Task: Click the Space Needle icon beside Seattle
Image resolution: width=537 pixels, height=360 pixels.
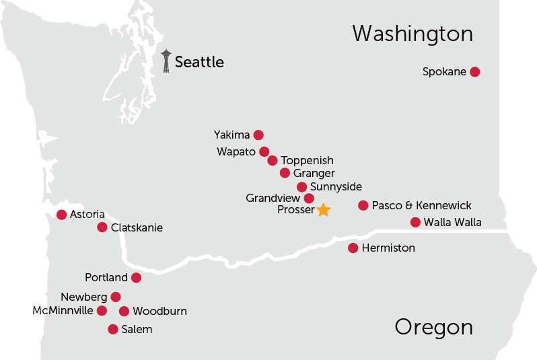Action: (x=166, y=61)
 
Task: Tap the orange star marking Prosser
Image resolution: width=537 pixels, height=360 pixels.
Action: (x=323, y=210)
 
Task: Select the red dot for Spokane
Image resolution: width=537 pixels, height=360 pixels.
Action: (x=474, y=72)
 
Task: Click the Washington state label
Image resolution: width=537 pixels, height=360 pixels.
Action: (x=413, y=34)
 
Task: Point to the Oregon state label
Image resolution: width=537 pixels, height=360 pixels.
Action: (x=433, y=328)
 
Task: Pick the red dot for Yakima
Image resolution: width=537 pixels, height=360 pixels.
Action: (x=258, y=135)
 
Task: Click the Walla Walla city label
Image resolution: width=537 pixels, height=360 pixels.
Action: (x=452, y=223)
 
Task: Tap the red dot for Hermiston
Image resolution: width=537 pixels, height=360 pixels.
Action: (x=353, y=248)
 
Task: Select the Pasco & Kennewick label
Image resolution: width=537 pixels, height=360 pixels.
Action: (x=421, y=205)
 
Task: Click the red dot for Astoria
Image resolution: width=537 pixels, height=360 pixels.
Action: (x=62, y=215)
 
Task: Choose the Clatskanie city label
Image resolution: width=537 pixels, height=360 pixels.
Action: (x=137, y=227)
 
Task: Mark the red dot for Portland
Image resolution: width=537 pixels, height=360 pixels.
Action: (x=136, y=277)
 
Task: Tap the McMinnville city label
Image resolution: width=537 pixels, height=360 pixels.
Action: (x=63, y=311)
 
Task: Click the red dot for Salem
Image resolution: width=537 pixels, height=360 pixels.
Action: (x=113, y=329)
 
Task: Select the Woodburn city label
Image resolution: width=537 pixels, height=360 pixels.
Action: (x=159, y=311)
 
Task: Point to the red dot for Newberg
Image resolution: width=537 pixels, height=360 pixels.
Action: (x=116, y=297)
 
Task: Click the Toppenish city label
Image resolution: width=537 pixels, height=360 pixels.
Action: (x=307, y=161)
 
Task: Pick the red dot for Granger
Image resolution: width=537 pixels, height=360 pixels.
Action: (x=285, y=173)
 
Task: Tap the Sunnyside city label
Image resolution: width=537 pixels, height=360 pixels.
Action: (x=336, y=186)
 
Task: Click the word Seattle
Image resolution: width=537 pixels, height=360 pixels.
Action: (x=199, y=63)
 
